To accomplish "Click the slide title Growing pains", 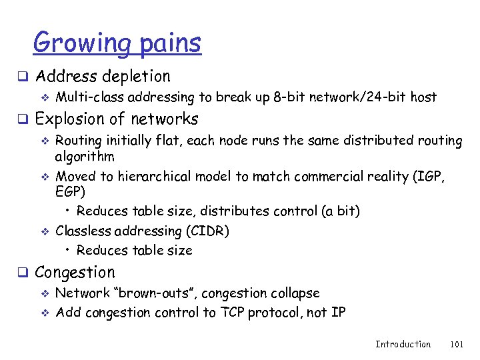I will (x=117, y=44).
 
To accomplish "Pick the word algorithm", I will (x=85, y=157).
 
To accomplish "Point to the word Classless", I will (x=83, y=231).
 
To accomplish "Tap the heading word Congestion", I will (x=75, y=273).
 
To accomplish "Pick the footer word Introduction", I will (x=403, y=344).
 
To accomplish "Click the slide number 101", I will (x=457, y=344).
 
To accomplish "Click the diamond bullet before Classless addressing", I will (x=46, y=232).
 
